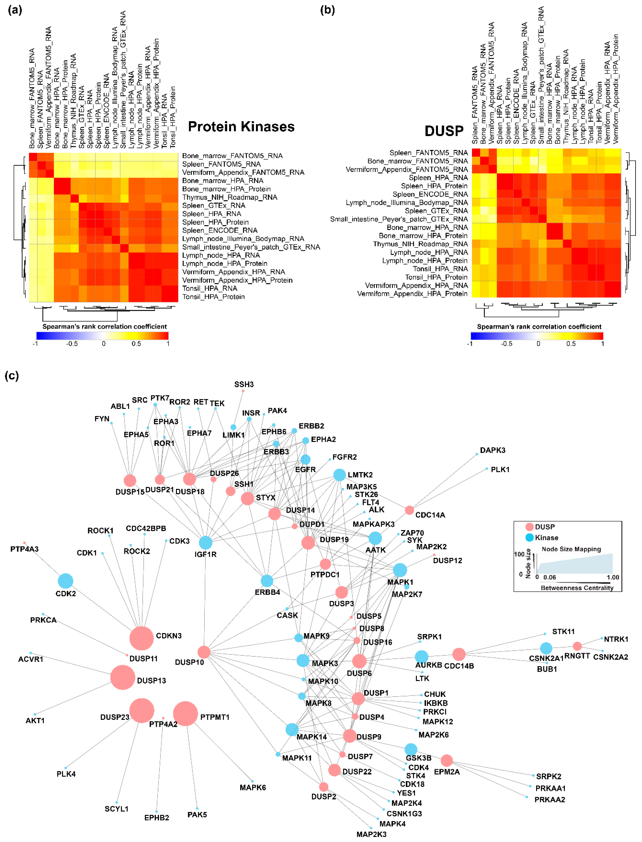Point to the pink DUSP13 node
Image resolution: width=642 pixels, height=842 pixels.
[123, 677]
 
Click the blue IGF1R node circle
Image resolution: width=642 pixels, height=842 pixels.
[206, 542]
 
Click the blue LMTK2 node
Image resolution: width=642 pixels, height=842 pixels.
[339, 475]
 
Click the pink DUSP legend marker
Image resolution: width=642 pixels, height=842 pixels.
[529, 527]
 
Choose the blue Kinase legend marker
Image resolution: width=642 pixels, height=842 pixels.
[529, 538]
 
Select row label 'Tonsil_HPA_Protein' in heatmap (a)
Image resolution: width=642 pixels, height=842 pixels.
[213, 297]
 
